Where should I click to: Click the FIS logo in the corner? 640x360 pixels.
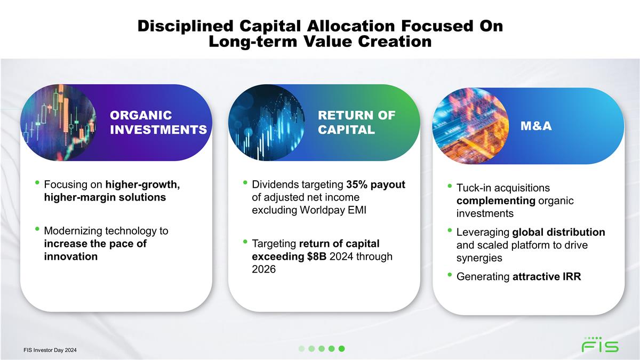pos(600,345)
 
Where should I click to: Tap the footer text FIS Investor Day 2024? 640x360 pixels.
pos(50,350)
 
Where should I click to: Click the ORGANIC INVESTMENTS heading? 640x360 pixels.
pos(158,123)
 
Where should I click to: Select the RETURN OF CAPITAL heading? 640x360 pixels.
pos(357,123)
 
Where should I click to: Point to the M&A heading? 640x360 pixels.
pos(536,126)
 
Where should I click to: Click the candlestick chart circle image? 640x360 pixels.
pos(59,123)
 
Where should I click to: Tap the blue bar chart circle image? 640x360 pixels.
pos(267,123)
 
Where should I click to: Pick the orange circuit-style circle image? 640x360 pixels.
pos(470,126)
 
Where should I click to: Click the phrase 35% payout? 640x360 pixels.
pos(375,185)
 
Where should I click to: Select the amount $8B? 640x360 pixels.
pos(317,257)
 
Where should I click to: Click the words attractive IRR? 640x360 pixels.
pos(547,277)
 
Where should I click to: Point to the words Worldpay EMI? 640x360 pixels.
pos(333,210)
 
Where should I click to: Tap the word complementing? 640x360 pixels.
pos(496,201)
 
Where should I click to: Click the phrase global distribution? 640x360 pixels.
pos(558,233)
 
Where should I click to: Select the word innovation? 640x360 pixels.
pos(71,257)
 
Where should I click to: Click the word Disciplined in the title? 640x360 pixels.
pos(186,26)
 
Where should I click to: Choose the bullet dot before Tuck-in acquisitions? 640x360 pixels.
pos(450,186)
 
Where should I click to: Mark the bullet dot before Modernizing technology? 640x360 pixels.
pos(37,229)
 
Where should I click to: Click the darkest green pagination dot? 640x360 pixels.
pos(341,349)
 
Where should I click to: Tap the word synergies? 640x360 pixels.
pos(479,258)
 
